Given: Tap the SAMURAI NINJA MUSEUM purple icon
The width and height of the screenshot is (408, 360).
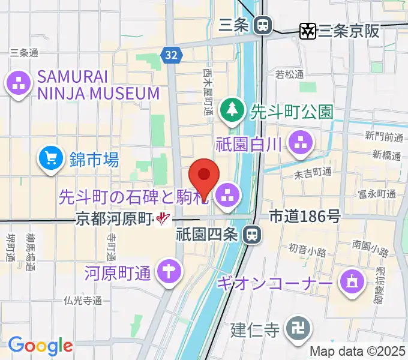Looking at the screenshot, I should tap(18, 83).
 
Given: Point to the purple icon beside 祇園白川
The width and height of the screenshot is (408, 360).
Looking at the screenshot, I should tap(298, 143).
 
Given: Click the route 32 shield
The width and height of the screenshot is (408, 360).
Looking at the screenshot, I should tap(171, 55).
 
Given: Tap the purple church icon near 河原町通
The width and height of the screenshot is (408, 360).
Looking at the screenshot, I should tap(169, 273).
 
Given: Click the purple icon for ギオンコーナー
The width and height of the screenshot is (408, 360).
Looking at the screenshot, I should tap(351, 281).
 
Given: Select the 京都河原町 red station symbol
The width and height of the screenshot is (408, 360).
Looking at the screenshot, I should tap(163, 220).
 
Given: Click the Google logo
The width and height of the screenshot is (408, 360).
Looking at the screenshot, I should tap(40, 346).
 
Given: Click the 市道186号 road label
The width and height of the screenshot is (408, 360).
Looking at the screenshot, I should tap(304, 217).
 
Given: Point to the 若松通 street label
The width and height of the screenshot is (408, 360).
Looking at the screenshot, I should tap(289, 75).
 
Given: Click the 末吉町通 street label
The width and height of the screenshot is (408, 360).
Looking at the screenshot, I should tap(313, 172).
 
